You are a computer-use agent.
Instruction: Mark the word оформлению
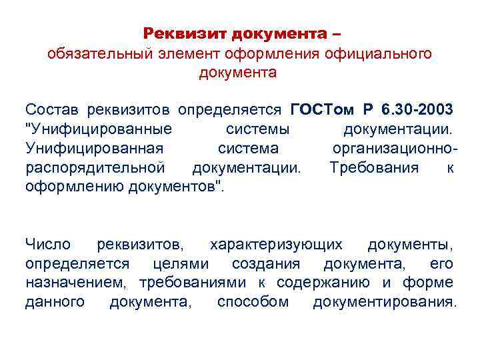pyautogui.click(x=72, y=187)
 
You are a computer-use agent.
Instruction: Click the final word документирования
pyautogui.click(x=385, y=302)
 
